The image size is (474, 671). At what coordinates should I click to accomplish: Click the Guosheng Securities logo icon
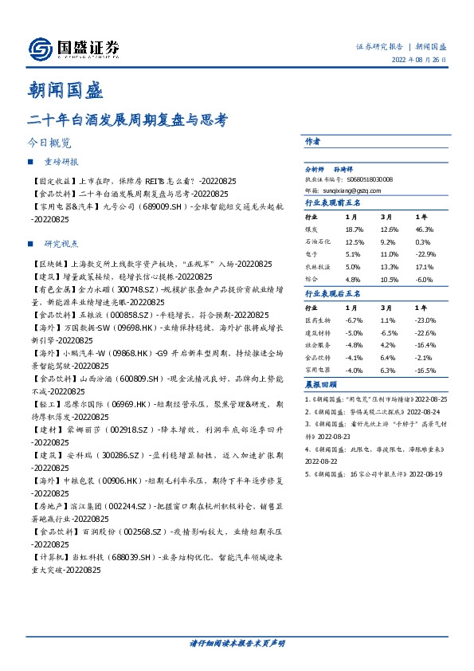[x=40, y=49]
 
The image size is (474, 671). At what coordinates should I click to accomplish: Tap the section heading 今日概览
[x=49, y=143]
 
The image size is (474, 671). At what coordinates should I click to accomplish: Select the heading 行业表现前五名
[x=333, y=203]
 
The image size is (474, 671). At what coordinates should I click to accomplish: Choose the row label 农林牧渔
[x=317, y=266]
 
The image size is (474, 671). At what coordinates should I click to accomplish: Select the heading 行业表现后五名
[x=333, y=294]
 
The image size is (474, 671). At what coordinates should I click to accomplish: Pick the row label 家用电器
[x=317, y=370]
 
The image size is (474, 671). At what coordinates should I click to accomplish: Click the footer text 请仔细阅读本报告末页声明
[x=237, y=642]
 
